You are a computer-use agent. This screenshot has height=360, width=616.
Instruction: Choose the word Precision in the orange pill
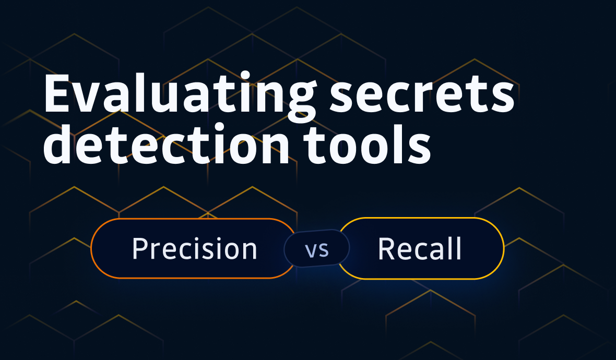pos(195,249)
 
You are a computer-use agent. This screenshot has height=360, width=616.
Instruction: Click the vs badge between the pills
pos(317,249)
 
